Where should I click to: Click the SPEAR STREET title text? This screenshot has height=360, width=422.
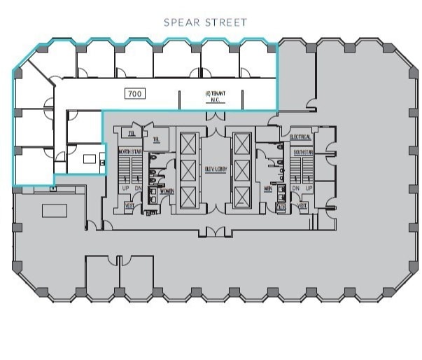(205, 22)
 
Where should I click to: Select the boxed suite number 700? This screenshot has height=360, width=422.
(135, 92)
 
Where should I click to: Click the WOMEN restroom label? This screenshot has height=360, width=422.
(167, 191)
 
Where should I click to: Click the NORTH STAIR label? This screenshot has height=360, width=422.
(130, 151)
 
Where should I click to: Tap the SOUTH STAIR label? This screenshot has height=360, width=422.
(303, 151)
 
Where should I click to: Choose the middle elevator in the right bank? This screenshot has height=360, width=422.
(242, 169)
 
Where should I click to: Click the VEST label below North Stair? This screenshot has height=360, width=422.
(129, 207)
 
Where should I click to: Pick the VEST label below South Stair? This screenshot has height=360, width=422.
(302, 207)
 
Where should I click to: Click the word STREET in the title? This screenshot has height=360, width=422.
(225, 22)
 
